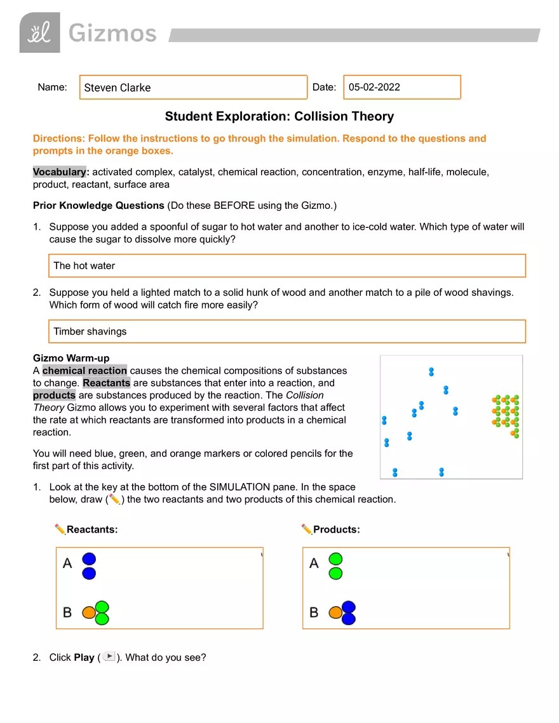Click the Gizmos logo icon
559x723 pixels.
click(x=39, y=32)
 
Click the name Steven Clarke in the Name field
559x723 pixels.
click(x=118, y=88)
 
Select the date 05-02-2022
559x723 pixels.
click(x=374, y=87)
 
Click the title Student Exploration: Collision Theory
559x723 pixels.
click(x=279, y=116)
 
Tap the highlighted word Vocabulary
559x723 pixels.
click(x=59, y=172)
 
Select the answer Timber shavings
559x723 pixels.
click(x=90, y=331)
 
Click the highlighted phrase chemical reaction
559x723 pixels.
click(x=84, y=371)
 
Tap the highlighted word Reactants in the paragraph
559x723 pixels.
click(x=106, y=383)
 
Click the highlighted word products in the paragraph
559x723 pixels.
click(x=54, y=395)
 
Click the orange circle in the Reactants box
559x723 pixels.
click(x=89, y=613)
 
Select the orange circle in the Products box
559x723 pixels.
click(x=335, y=613)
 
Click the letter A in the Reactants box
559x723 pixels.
click(x=67, y=563)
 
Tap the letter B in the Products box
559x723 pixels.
click(x=314, y=613)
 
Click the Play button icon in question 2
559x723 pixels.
click(x=109, y=656)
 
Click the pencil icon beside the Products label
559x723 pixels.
click(x=307, y=529)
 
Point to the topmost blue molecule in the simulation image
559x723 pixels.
click(x=431, y=371)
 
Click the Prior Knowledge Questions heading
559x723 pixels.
click(x=98, y=206)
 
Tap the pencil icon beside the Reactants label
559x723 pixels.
click(x=60, y=529)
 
